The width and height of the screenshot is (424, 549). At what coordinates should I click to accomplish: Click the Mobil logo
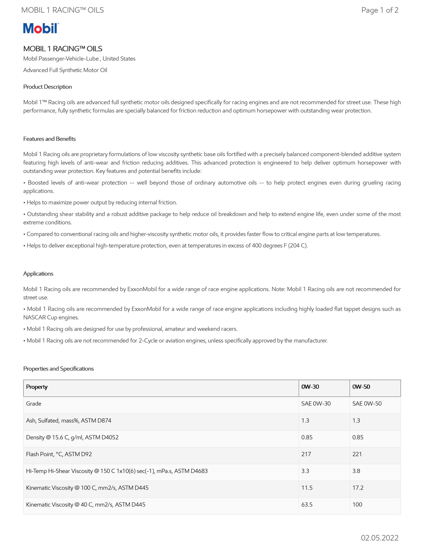point(41,28)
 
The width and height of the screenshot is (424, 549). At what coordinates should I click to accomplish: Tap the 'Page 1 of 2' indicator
point(379,10)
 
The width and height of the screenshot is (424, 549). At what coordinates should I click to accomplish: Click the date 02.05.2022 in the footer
point(379,538)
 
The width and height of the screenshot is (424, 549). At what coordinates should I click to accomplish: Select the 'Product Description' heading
point(48,87)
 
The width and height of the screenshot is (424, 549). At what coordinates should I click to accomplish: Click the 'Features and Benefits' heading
point(49,139)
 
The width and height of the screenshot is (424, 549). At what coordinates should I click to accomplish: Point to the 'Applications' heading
point(38,273)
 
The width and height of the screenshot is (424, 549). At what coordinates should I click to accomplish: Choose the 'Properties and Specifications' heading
point(58,368)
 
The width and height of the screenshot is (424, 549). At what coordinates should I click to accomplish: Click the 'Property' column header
point(37,387)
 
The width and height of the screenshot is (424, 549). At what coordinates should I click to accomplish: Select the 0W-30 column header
point(310,387)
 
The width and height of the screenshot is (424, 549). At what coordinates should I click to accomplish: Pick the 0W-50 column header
point(361,387)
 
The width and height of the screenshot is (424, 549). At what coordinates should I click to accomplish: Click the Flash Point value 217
point(306,454)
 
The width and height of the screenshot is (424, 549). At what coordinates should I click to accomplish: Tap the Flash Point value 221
point(357,454)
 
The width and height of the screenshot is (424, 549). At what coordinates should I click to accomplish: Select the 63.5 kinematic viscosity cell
point(307,505)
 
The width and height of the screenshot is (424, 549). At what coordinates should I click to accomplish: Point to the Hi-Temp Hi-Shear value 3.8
point(356,471)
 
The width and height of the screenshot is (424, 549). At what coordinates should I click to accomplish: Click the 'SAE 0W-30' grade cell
point(316,403)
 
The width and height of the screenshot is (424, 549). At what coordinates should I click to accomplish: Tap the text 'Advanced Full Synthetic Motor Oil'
point(65,70)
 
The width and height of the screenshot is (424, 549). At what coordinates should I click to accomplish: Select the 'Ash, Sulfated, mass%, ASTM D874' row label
point(69,420)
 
